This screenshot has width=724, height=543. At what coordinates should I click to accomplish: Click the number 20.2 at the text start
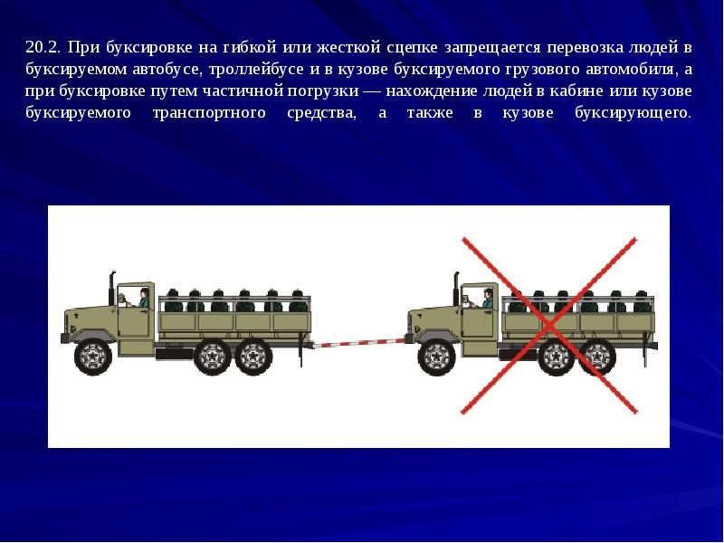tap(43, 48)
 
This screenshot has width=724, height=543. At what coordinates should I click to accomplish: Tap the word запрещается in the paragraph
tap(492, 48)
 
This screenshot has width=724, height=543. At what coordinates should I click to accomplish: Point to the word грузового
tap(542, 70)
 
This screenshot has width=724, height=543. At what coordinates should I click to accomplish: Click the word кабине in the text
tap(577, 91)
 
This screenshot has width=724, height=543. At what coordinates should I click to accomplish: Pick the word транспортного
tap(209, 113)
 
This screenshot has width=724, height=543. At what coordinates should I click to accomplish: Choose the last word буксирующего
tap(633, 113)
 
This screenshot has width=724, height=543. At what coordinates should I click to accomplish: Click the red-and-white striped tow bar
tap(358, 343)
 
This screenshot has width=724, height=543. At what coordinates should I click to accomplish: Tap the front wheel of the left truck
tap(93, 357)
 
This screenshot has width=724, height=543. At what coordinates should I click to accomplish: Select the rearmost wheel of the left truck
tap(253, 357)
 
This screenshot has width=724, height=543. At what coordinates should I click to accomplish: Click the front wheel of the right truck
tap(437, 357)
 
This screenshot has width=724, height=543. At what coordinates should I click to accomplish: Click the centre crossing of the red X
tap(549, 326)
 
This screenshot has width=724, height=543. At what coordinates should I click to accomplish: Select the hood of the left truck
tap(90, 319)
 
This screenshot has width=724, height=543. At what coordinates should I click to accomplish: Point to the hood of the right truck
tap(434, 319)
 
